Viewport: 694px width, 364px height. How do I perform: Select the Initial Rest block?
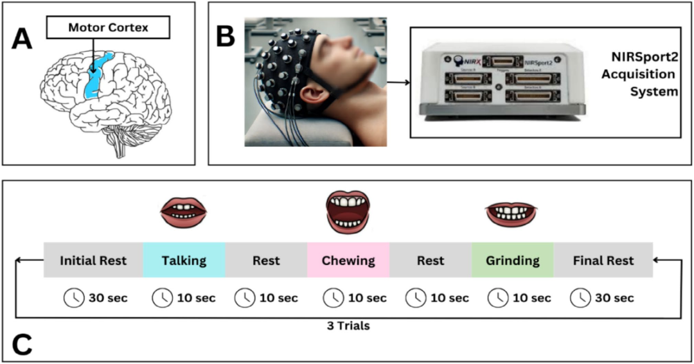(x=93, y=261)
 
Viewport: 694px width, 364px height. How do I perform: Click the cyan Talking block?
(x=184, y=261)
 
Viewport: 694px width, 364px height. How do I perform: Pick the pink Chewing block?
(x=348, y=261)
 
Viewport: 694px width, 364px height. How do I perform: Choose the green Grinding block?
(x=512, y=261)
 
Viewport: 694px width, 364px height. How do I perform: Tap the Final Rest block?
(x=603, y=261)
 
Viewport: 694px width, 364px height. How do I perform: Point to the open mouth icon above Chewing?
(x=348, y=211)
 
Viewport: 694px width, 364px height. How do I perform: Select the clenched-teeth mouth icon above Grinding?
(x=512, y=213)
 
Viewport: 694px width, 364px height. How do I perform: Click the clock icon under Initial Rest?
(x=73, y=298)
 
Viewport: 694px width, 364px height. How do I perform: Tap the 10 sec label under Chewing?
(x=364, y=298)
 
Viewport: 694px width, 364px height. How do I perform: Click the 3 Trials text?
(x=348, y=326)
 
